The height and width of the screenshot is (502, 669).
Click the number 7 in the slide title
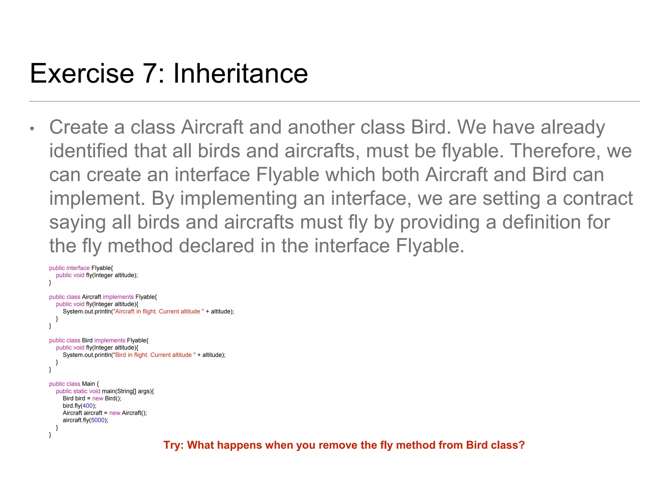click(151, 74)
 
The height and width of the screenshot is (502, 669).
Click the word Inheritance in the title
click(240, 74)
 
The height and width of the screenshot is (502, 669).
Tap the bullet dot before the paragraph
click(32, 129)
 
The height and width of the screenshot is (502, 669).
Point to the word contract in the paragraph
click(598, 198)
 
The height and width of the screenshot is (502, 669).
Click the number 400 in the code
click(88, 406)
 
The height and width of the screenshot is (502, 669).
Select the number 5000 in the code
click(98, 420)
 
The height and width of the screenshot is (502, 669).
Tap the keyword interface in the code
click(78, 268)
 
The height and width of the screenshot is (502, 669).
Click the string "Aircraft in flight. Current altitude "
click(158, 311)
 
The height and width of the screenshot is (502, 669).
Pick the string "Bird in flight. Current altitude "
click(154, 355)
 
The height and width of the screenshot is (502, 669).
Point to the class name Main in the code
click(88, 384)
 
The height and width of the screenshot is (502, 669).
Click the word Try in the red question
click(173, 445)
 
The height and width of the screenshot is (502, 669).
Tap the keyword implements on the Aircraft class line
click(118, 297)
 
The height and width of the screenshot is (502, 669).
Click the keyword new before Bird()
click(98, 398)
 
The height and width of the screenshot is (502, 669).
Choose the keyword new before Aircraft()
click(115, 413)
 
